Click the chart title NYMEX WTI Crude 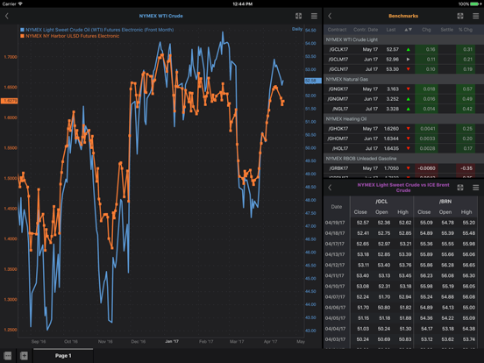pyautogui.click(x=160, y=16)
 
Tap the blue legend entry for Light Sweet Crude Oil pyautogui.click(x=96, y=30)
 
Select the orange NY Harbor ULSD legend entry pyautogui.click(x=75, y=37)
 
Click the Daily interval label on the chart pyautogui.click(x=297, y=30)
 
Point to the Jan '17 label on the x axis pyautogui.click(x=172, y=341)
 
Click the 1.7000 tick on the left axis pyautogui.click(x=11, y=57)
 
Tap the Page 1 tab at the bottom pyautogui.click(x=63, y=356)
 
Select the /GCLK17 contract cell pyautogui.click(x=338, y=50)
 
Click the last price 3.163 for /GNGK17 pyautogui.click(x=392, y=89)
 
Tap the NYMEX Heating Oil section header pyautogui.click(x=348, y=118)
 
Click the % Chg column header pyautogui.click(x=466, y=29)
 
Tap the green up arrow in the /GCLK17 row pyautogui.click(x=408, y=50)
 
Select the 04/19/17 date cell pyautogui.click(x=335, y=223)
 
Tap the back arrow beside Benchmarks pyautogui.click(x=331, y=16)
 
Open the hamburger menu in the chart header pyautogui.click(x=314, y=16)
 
